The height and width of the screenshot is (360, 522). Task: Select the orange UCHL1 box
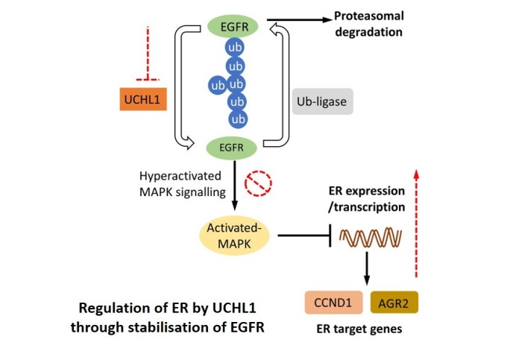click(143, 98)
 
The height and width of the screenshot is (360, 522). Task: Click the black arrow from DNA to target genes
click(367, 271)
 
